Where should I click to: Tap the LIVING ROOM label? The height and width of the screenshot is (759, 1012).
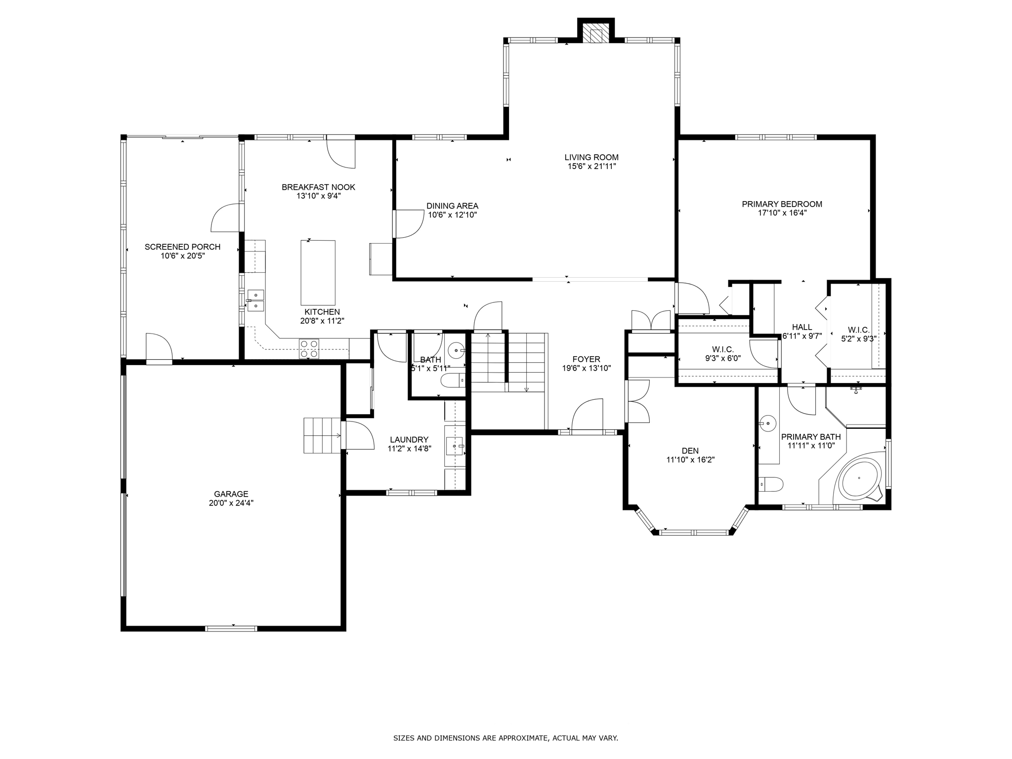pos(591,158)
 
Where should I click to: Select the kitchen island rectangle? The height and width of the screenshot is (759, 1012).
pos(318,273)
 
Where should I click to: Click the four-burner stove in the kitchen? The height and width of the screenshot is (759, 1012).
pos(309,348)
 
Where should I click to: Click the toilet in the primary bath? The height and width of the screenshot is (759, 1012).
pos(770,484)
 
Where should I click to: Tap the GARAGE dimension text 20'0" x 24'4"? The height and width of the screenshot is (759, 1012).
pos(231,503)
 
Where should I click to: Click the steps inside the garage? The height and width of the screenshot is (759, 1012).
pos(322,435)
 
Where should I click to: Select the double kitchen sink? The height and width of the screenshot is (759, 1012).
pos(256,300)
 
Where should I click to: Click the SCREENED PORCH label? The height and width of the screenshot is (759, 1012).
pos(182,247)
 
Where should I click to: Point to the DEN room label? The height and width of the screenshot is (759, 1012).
pos(690,451)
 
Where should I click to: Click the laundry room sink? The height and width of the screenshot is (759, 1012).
pos(454,446)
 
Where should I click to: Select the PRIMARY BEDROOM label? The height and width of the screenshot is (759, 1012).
pos(782,204)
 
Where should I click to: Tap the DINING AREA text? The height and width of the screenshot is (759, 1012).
pos(452,206)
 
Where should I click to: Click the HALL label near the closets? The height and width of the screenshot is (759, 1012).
pos(801,327)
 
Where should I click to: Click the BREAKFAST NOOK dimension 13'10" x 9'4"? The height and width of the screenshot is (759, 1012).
pos(318,196)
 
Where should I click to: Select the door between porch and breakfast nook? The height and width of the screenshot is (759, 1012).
pos(226,218)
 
